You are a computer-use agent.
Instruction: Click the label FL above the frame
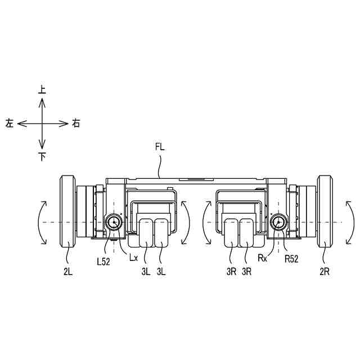click(160, 147)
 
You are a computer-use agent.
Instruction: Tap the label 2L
click(68, 272)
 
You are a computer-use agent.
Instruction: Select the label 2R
click(325, 272)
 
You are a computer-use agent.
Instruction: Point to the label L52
click(103, 262)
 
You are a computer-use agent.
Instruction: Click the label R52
click(291, 259)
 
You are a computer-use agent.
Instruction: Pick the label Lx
click(133, 258)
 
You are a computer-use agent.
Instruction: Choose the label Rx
click(263, 258)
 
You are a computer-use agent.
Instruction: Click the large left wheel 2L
click(67, 211)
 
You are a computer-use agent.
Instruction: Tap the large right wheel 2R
click(325, 211)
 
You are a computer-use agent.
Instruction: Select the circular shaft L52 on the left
click(114, 222)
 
